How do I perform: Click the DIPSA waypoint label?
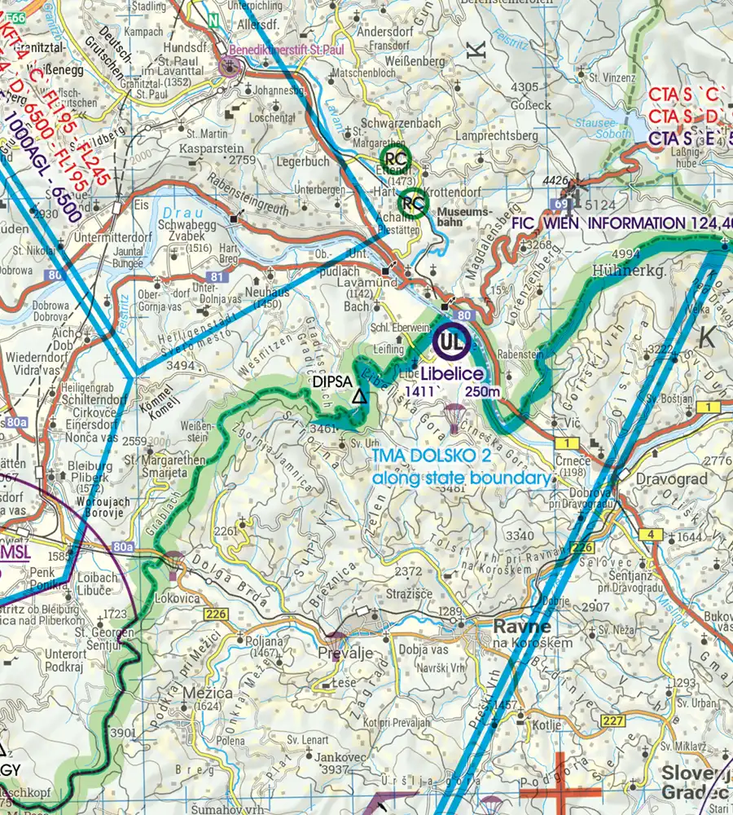click(332, 381)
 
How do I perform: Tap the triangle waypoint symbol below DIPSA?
click(358, 398)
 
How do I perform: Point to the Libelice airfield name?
click(452, 373)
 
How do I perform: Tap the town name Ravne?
click(522, 627)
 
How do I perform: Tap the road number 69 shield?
click(561, 203)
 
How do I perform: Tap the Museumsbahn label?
click(462, 214)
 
